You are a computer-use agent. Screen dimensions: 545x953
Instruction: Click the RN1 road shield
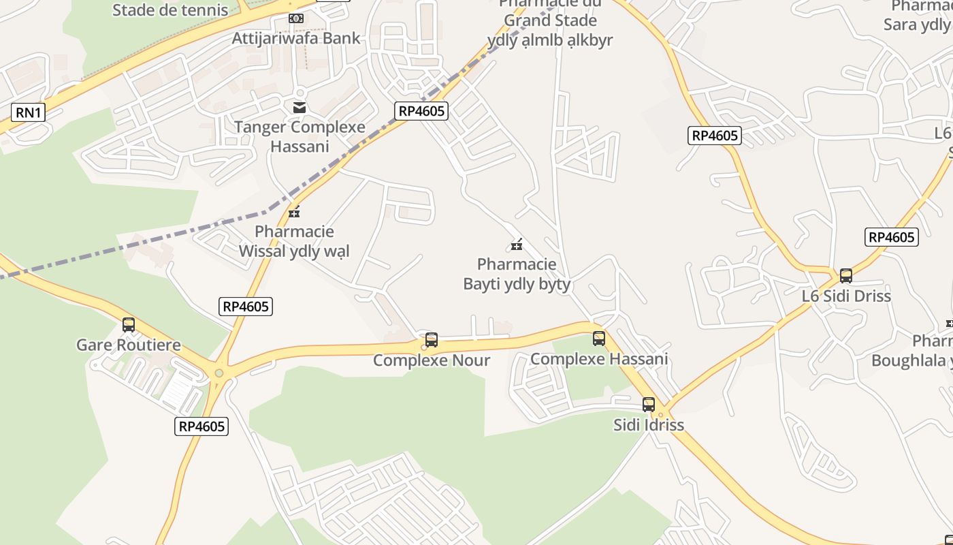(x=29, y=112)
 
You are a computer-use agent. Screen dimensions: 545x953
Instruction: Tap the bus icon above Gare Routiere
(x=129, y=325)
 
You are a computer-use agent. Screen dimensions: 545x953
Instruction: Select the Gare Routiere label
(x=129, y=345)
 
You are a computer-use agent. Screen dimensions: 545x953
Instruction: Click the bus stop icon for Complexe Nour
(x=432, y=339)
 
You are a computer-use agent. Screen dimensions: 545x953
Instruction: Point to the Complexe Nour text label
(x=432, y=360)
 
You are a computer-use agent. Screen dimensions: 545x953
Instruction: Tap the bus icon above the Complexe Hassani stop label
(x=599, y=338)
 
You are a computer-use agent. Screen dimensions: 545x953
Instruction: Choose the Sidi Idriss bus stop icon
(x=649, y=405)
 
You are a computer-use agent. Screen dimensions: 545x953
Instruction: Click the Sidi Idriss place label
(x=649, y=425)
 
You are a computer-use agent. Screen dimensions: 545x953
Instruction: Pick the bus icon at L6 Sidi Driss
(x=846, y=275)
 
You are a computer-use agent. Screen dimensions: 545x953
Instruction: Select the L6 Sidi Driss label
(x=846, y=296)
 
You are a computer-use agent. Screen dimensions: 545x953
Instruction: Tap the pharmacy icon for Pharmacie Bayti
(x=517, y=244)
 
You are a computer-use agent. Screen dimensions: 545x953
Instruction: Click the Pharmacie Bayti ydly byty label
(x=517, y=274)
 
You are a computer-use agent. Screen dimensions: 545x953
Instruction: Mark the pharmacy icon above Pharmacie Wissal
(x=294, y=211)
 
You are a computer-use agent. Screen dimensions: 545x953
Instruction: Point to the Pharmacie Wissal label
(x=294, y=241)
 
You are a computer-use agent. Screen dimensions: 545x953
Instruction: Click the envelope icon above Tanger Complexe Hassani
(x=300, y=107)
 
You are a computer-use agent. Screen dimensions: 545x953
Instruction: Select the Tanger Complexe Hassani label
(x=300, y=136)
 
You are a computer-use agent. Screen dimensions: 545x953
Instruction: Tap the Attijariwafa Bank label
(x=296, y=38)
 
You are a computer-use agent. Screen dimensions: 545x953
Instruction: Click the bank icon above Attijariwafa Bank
(x=296, y=18)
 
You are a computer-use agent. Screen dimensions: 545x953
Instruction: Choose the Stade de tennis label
(x=170, y=10)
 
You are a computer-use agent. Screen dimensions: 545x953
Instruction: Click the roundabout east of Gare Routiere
(x=219, y=373)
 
